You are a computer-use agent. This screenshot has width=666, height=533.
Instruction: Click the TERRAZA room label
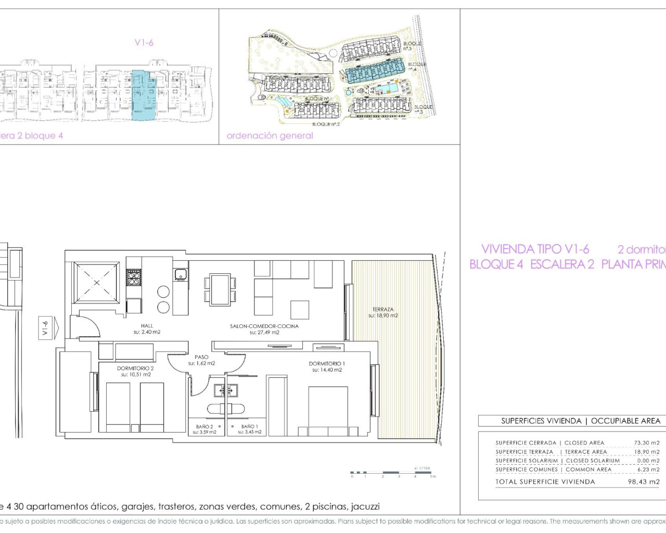(383, 310)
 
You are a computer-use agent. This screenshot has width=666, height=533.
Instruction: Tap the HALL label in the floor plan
(147, 326)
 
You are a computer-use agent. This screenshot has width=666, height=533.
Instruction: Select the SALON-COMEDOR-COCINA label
(264, 326)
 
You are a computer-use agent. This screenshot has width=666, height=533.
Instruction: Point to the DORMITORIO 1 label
(327, 364)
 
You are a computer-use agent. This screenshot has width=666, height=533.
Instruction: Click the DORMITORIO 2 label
(135, 369)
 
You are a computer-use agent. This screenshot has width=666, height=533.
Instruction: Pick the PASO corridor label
(201, 358)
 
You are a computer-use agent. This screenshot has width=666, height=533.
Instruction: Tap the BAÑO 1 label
(250, 427)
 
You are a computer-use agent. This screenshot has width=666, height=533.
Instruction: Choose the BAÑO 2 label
(204, 427)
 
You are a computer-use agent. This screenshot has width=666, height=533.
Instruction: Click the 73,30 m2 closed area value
(646, 443)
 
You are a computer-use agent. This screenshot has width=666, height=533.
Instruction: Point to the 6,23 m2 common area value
(648, 469)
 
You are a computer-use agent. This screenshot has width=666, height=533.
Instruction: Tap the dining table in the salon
(220, 289)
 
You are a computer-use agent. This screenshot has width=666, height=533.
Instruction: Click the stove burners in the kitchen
(134, 277)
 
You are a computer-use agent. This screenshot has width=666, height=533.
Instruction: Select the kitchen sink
(181, 274)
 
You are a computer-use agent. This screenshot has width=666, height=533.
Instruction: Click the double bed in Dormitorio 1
(328, 410)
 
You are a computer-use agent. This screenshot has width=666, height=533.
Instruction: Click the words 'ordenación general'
(270, 136)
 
